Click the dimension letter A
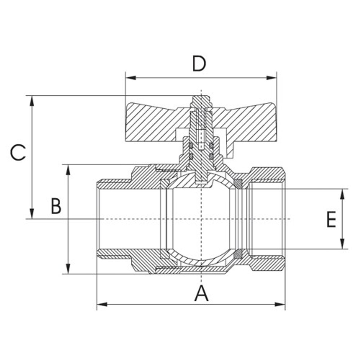pyautogui.click(x=201, y=294)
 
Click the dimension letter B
pyautogui.click(x=56, y=206)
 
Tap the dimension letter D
pyautogui.click(x=199, y=64)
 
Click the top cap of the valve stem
pyautogui.click(x=201, y=99)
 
